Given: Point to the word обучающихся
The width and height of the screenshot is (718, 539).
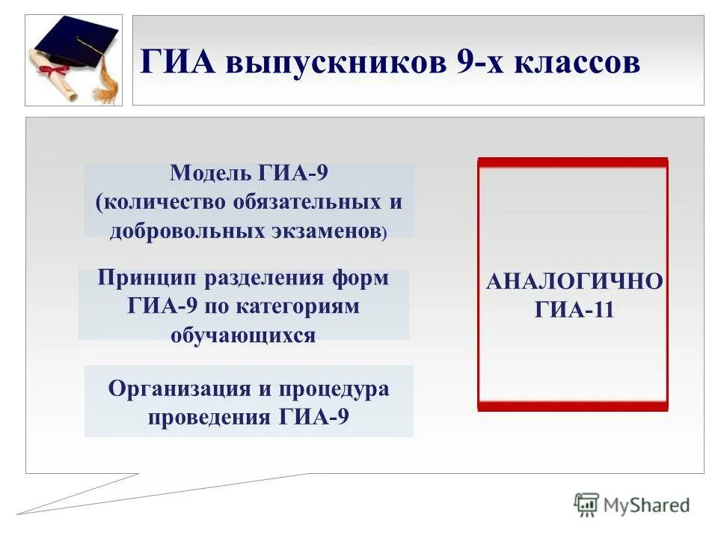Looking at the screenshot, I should [x=243, y=335].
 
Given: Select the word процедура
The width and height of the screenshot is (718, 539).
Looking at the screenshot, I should [x=334, y=390].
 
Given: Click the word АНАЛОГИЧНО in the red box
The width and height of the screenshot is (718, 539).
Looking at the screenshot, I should [x=574, y=283].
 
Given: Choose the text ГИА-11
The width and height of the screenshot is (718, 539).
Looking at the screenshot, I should [x=574, y=310].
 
